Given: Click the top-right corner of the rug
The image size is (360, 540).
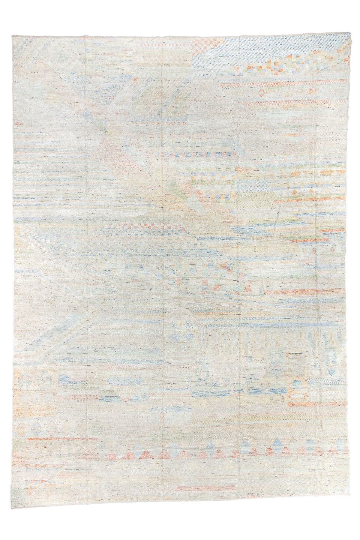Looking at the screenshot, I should pos(350,33).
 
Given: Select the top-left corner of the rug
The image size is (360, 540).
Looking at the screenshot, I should pos(12,36).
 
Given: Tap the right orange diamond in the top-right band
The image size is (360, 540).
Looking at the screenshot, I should pos(310,91).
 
